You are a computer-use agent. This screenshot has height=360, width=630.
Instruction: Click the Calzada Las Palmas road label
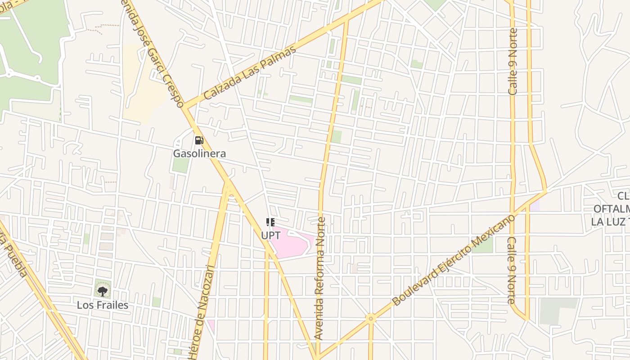(x=250, y=73)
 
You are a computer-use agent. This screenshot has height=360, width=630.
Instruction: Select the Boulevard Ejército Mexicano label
(x=454, y=261)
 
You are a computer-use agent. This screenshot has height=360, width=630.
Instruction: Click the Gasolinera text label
(x=199, y=153)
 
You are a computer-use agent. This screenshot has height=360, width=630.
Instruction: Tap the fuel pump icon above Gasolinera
(x=199, y=140)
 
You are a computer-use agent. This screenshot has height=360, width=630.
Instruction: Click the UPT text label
(x=270, y=235)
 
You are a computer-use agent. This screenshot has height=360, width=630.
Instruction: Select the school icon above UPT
(x=270, y=222)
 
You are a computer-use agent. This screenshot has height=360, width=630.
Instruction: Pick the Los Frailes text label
(x=102, y=305)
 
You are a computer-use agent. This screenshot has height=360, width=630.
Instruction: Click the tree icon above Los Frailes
(x=103, y=291)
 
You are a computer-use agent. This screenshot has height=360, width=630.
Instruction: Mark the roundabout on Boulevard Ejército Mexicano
(x=371, y=319)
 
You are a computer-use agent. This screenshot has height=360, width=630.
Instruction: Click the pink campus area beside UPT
(x=292, y=243)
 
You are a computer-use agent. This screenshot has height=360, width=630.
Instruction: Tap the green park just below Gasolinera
(x=180, y=165)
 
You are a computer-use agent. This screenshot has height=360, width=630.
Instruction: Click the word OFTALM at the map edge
(x=611, y=209)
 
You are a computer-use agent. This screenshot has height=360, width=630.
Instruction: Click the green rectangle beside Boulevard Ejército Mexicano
(x=482, y=245)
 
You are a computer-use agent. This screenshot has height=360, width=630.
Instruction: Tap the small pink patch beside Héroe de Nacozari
(x=211, y=324)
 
